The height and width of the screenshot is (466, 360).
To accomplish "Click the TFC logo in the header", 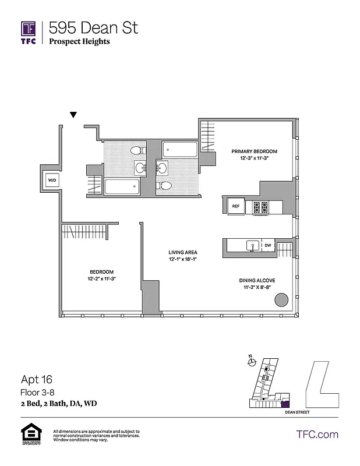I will click(29, 33).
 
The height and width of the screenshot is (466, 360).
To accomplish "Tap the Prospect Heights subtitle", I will click(79, 41).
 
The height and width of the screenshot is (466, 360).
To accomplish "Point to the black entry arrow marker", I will click(73, 115).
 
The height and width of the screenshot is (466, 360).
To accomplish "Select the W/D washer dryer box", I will click(52, 180).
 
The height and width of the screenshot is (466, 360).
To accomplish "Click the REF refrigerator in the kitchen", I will click(236, 206).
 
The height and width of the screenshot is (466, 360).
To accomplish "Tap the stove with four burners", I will click(260, 206).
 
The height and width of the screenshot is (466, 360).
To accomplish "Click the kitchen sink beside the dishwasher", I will click(252, 246).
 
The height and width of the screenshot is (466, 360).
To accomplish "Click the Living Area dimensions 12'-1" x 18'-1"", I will click(183, 259).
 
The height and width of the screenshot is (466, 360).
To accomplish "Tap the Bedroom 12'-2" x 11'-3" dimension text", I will click(101, 278).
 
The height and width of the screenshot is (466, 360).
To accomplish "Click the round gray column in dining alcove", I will click(281, 300).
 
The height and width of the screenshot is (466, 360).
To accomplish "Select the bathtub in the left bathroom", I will click(122, 186).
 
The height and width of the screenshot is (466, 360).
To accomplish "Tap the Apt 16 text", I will click(37, 379).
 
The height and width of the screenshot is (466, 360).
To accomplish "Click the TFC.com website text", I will click(317, 434).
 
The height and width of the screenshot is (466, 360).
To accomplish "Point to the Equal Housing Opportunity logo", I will click(30, 435).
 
